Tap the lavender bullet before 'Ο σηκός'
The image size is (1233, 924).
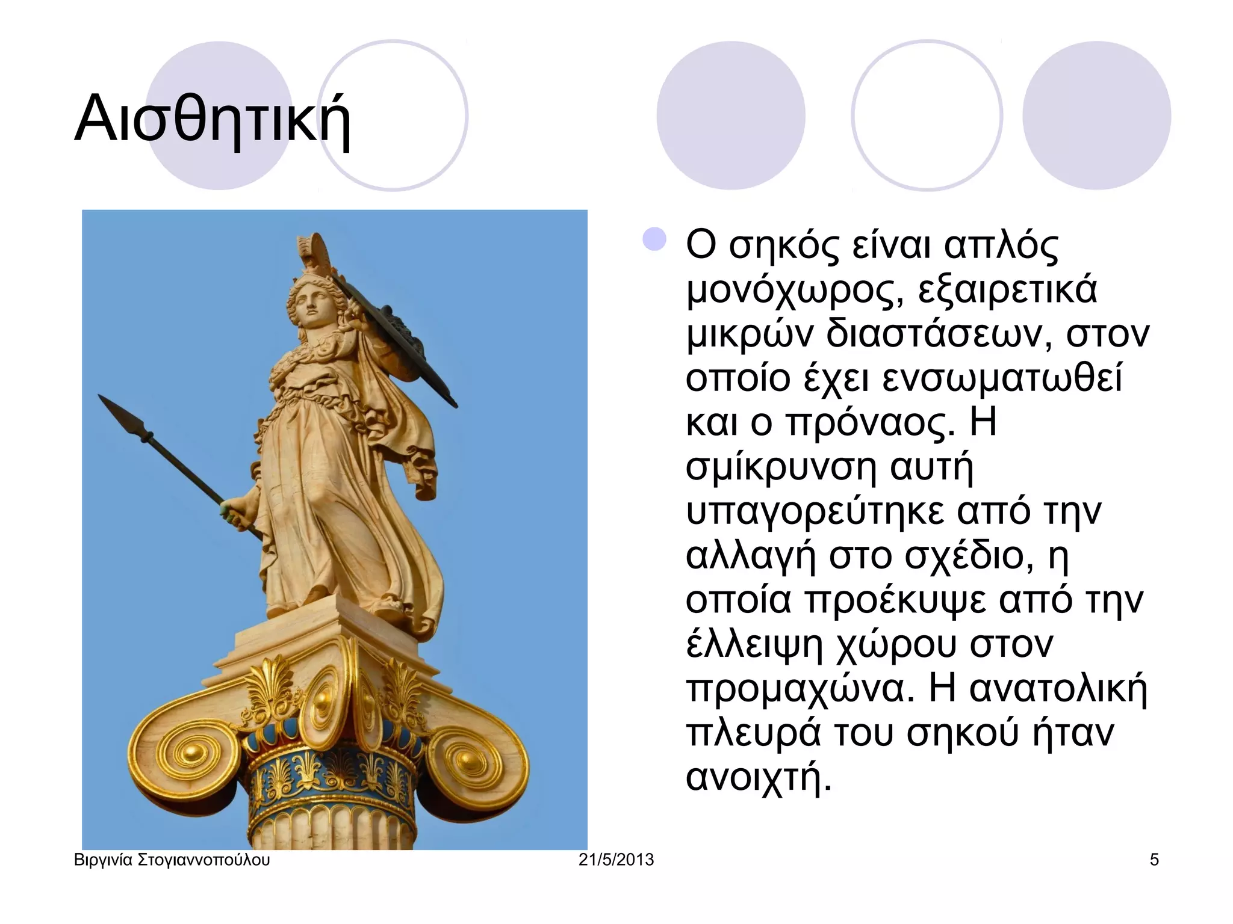coord(654,239)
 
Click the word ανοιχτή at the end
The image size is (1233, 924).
coord(759,777)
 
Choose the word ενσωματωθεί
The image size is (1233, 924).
coord(1002,378)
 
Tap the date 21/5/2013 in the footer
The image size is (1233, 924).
coord(616,860)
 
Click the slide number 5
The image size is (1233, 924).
coord(1154,860)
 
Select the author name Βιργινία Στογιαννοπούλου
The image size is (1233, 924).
coord(172,860)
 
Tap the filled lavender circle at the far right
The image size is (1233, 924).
coord(1096,115)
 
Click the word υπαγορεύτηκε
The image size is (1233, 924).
coord(816,511)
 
